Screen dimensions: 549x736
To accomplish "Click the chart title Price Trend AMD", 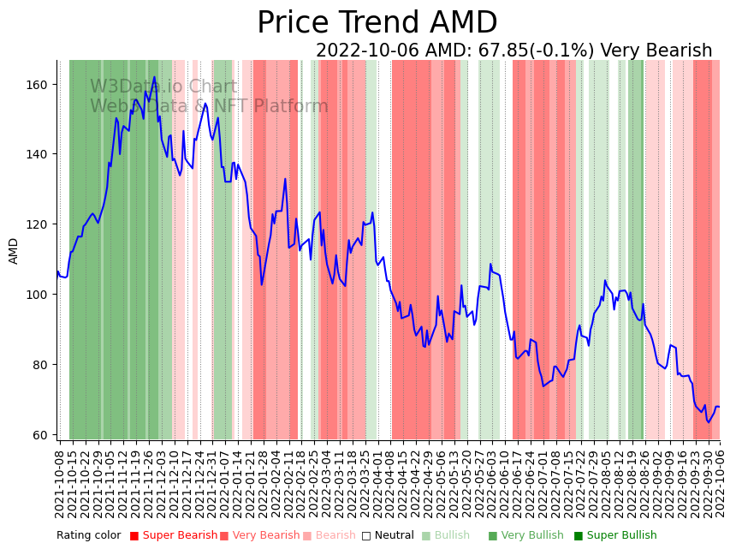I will (377, 23).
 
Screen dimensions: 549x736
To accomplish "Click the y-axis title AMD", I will (14, 251).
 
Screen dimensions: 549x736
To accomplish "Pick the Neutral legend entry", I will (387, 536).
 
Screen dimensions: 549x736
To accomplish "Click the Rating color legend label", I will (89, 536).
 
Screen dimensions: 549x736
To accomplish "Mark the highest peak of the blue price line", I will (155, 77).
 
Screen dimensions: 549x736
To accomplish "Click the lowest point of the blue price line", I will (708, 422).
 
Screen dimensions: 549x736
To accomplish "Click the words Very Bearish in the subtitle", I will (656, 51).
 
